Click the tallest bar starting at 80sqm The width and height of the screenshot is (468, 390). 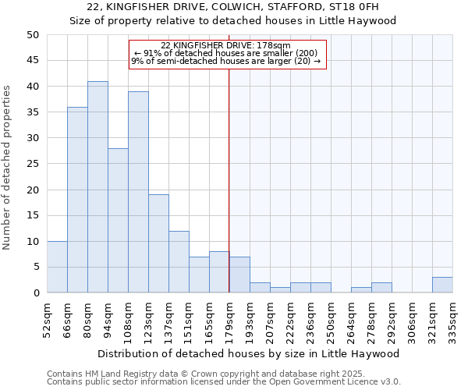(x=97, y=187)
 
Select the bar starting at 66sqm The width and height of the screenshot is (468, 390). (x=77, y=200)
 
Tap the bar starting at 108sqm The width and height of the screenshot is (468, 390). (x=138, y=192)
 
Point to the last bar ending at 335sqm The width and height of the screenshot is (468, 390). (x=442, y=285)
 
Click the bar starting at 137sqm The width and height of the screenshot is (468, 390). (x=179, y=262)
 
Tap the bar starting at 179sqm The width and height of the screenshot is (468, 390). (x=239, y=275)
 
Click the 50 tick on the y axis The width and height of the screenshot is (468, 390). (x=33, y=35)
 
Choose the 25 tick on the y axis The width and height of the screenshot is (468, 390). (x=33, y=164)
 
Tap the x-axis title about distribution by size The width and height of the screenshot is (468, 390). (x=249, y=353)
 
